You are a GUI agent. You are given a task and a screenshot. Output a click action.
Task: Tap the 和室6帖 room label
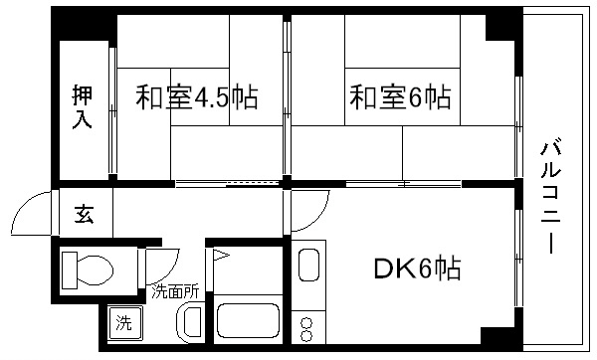pos(400,97)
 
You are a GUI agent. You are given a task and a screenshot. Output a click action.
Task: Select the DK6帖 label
pos(417,268)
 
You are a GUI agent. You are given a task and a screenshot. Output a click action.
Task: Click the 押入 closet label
pos(83,106)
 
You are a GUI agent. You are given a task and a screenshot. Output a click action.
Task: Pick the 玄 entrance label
pos(85,215)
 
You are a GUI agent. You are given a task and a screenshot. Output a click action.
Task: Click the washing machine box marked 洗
pos(124,322)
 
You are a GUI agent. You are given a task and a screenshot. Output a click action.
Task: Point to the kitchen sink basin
pos(307,267)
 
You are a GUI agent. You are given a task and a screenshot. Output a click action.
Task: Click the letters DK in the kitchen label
pos(389,268)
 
